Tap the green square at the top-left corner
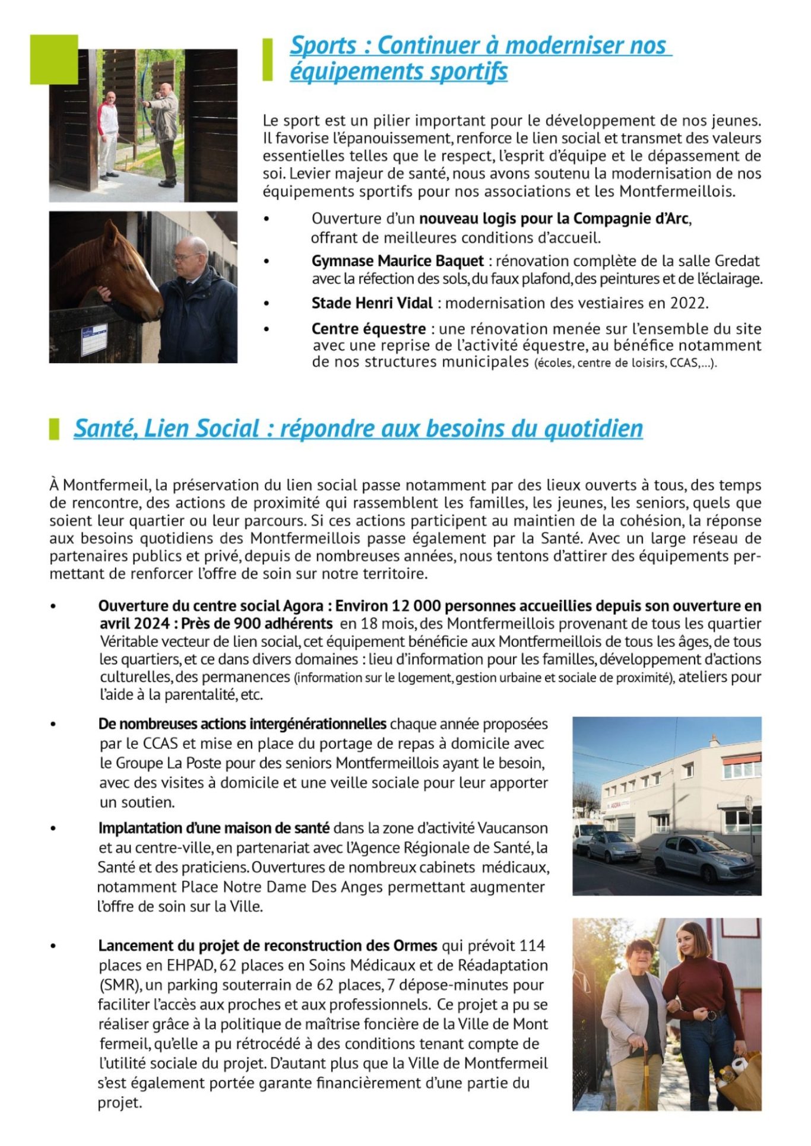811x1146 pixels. click(x=54, y=59)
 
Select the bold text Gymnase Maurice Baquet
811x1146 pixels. click(x=397, y=261)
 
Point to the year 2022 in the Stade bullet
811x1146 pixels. click(x=688, y=303)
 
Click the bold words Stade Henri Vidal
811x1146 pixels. click(x=372, y=303)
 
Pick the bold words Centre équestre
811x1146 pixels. click(x=369, y=329)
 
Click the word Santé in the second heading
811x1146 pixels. click(x=106, y=428)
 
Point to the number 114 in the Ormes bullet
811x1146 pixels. click(x=532, y=945)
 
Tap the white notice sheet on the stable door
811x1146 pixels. click(x=94, y=339)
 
